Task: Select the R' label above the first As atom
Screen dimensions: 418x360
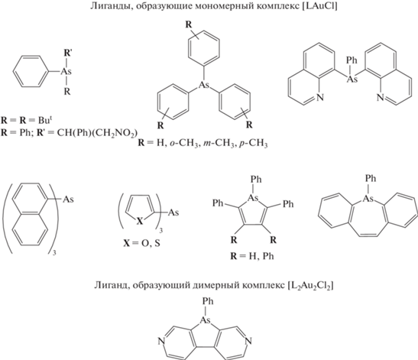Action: [67, 53]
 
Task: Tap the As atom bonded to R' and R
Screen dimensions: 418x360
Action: [66, 72]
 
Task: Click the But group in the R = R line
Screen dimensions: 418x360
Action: [45, 120]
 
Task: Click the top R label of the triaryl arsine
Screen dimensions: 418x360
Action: [189, 24]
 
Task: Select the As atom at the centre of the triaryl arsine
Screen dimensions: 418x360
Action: [204, 86]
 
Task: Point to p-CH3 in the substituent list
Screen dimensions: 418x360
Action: [252, 144]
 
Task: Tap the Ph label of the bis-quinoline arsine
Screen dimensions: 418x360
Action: [352, 60]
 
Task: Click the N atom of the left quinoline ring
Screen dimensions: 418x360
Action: [320, 97]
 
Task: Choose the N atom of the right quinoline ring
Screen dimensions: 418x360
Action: [381, 97]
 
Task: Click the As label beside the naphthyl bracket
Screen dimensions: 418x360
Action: [68, 199]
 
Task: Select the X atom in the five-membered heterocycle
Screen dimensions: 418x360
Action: [140, 221]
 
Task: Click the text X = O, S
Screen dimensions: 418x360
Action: [141, 243]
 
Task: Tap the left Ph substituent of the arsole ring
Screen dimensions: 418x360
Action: [218, 203]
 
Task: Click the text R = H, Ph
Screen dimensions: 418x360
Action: [252, 256]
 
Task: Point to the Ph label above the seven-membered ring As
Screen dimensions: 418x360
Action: [371, 178]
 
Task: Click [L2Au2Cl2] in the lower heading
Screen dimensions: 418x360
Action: [310, 286]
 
